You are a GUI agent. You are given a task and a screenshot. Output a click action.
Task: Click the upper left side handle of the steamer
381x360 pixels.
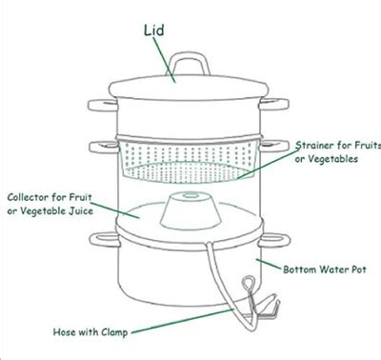coord(99,102)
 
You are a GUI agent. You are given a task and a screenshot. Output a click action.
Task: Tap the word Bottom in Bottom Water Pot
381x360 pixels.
coord(301,270)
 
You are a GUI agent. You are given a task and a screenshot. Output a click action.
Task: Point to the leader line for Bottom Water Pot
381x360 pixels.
coord(269,264)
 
